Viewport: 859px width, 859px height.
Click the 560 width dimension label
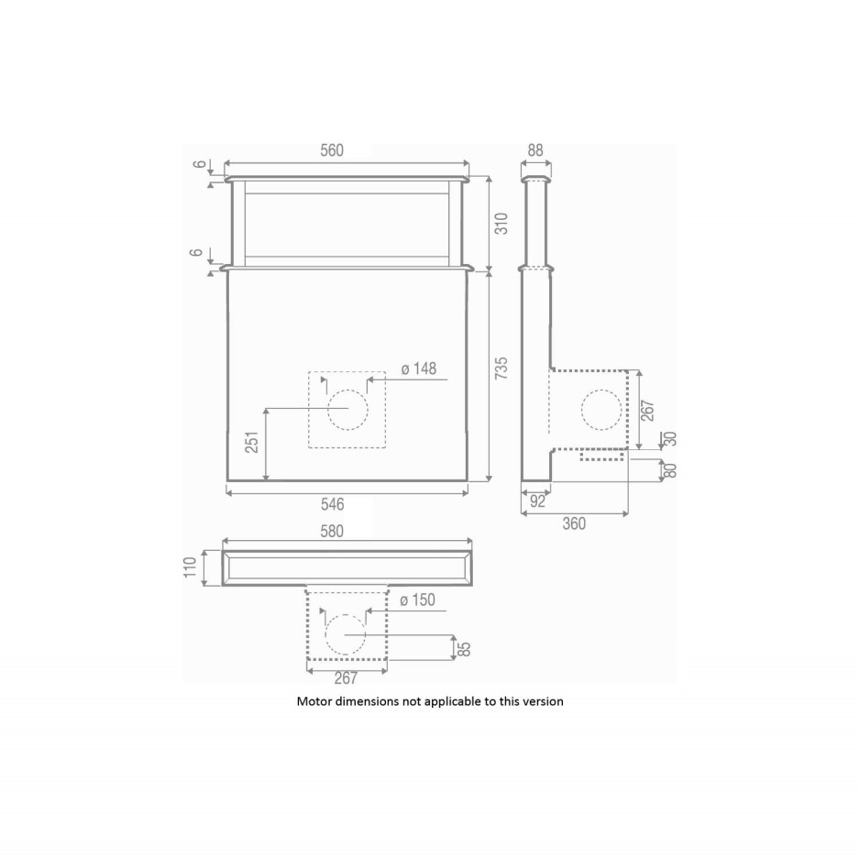click(345, 151)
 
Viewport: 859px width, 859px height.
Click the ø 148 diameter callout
click(418, 369)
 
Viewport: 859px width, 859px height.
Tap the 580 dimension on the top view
click(345, 531)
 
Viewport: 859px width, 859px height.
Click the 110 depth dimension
click(192, 567)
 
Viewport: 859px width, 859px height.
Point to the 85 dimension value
click(465, 649)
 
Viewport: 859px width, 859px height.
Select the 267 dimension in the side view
click(649, 410)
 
